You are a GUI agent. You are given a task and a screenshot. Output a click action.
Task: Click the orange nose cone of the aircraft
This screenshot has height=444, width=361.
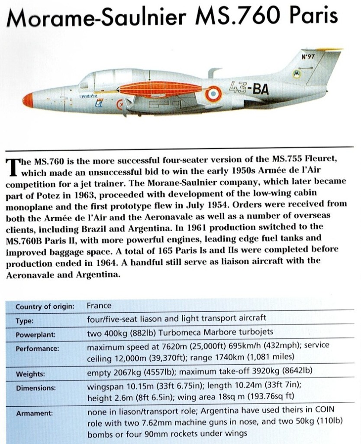(x=28, y=99)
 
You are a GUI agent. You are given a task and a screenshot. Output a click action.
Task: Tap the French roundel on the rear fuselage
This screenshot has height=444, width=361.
(x=213, y=94)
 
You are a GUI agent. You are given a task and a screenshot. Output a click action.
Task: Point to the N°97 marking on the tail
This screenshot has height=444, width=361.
(x=308, y=56)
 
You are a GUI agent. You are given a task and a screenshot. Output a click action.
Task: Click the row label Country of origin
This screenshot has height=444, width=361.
(x=45, y=307)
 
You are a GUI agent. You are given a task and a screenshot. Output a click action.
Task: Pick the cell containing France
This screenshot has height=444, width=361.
(x=99, y=305)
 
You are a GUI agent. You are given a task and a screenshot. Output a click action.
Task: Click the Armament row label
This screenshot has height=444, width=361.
(x=34, y=413)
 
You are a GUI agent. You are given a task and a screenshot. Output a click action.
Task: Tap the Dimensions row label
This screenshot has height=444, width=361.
(x=35, y=388)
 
